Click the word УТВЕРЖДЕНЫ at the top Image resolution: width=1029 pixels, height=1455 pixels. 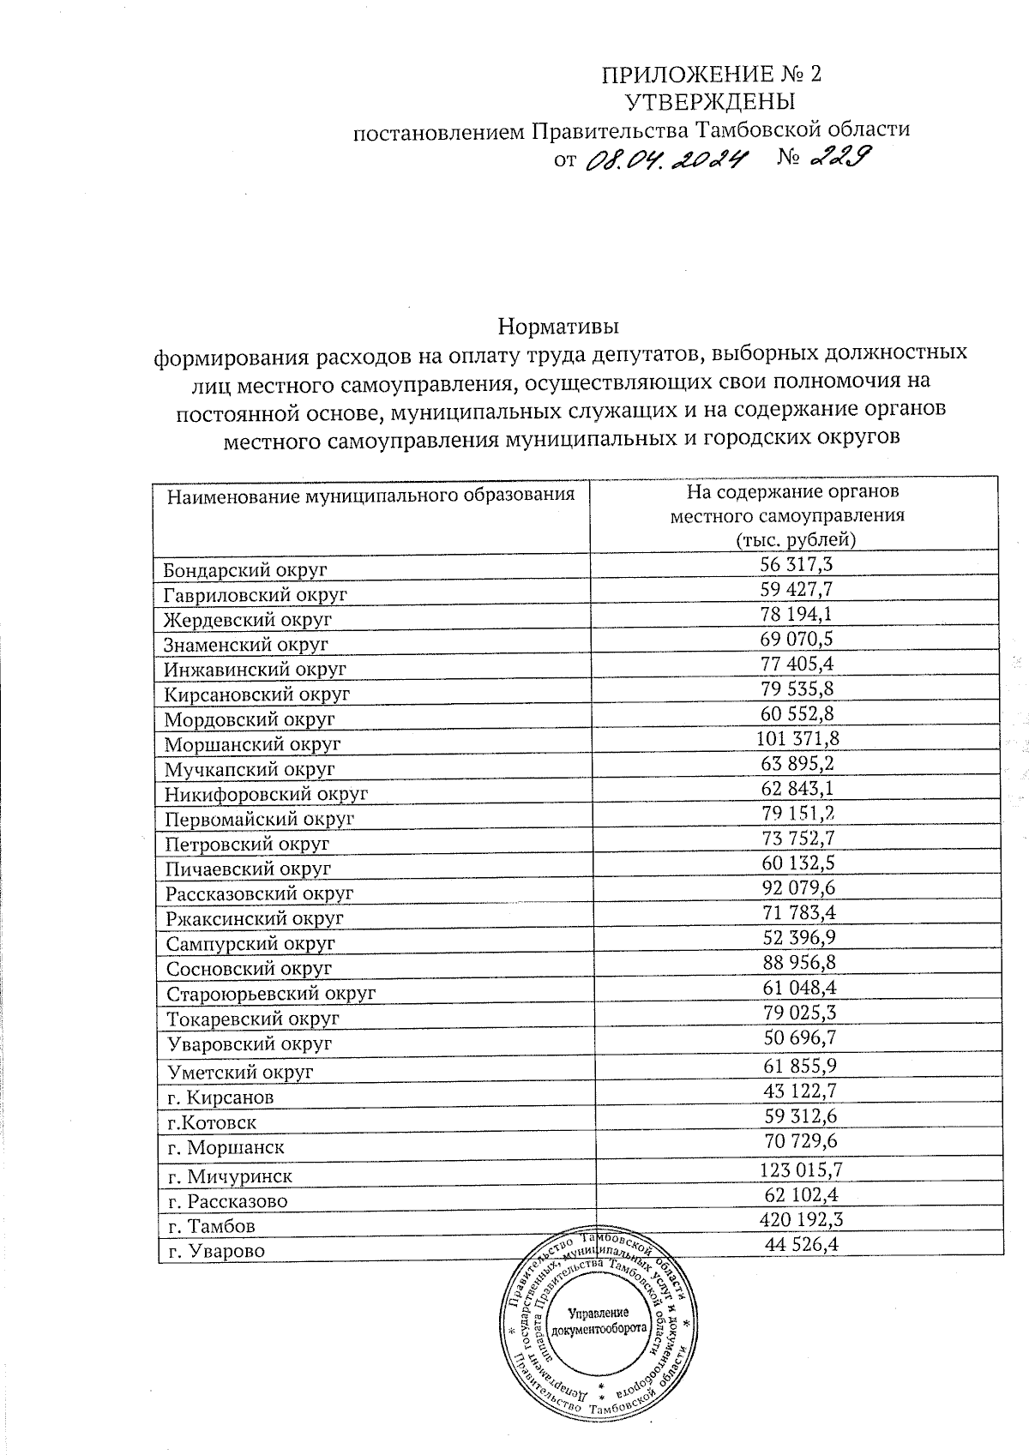pyautogui.click(x=710, y=102)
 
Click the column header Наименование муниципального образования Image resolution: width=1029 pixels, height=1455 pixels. pyautogui.click(x=370, y=496)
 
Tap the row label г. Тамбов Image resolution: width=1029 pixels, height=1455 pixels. pyautogui.click(x=211, y=1226)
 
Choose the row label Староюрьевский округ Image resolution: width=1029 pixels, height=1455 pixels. pyautogui.click(x=270, y=995)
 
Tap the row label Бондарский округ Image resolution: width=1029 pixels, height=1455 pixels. pyautogui.click(x=245, y=570)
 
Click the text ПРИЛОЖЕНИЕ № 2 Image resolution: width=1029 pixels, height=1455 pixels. pyautogui.click(x=711, y=74)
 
